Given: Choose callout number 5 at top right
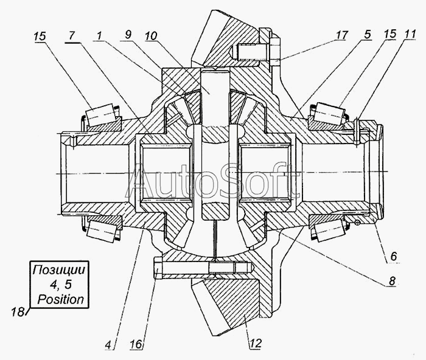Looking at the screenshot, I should click(x=368, y=36).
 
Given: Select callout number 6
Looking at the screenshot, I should click(x=394, y=257).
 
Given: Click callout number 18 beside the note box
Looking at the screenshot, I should click(x=16, y=312).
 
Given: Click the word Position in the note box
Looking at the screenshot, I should click(x=60, y=299).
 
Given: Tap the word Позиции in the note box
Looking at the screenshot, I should click(x=60, y=270).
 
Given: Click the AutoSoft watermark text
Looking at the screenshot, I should click(x=218, y=179).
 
